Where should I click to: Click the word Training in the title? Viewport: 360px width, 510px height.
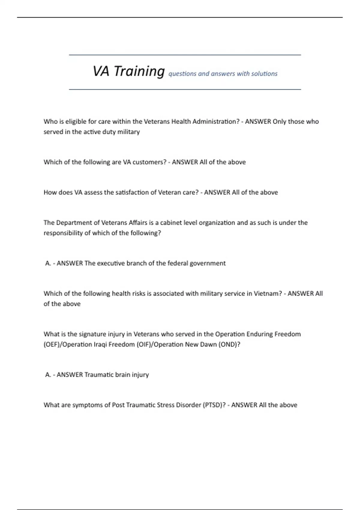click(139, 72)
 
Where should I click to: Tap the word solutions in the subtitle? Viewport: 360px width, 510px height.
click(264, 74)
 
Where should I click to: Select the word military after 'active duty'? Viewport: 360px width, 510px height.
click(129, 132)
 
